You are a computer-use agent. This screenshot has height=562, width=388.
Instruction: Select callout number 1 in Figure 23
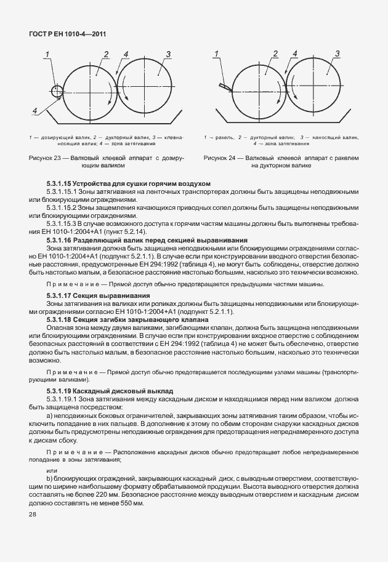point(47,56)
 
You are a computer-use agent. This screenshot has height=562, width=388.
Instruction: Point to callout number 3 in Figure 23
point(168,55)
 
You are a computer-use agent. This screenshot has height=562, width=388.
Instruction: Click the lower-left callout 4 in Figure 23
point(35,111)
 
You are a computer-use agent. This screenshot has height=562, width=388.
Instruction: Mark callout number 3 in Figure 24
point(337,54)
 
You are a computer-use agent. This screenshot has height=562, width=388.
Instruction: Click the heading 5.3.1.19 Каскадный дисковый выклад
point(110,391)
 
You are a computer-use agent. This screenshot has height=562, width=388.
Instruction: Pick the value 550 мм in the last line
point(129,504)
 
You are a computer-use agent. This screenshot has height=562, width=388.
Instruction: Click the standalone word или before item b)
point(52,469)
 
